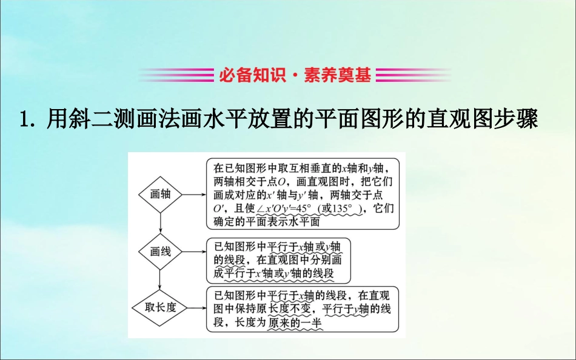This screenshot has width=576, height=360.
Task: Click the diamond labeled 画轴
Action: (160, 195)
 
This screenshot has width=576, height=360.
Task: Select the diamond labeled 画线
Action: (160, 252)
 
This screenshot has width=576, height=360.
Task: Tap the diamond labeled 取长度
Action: (160, 307)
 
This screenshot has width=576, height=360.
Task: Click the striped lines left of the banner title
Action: (176, 75)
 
